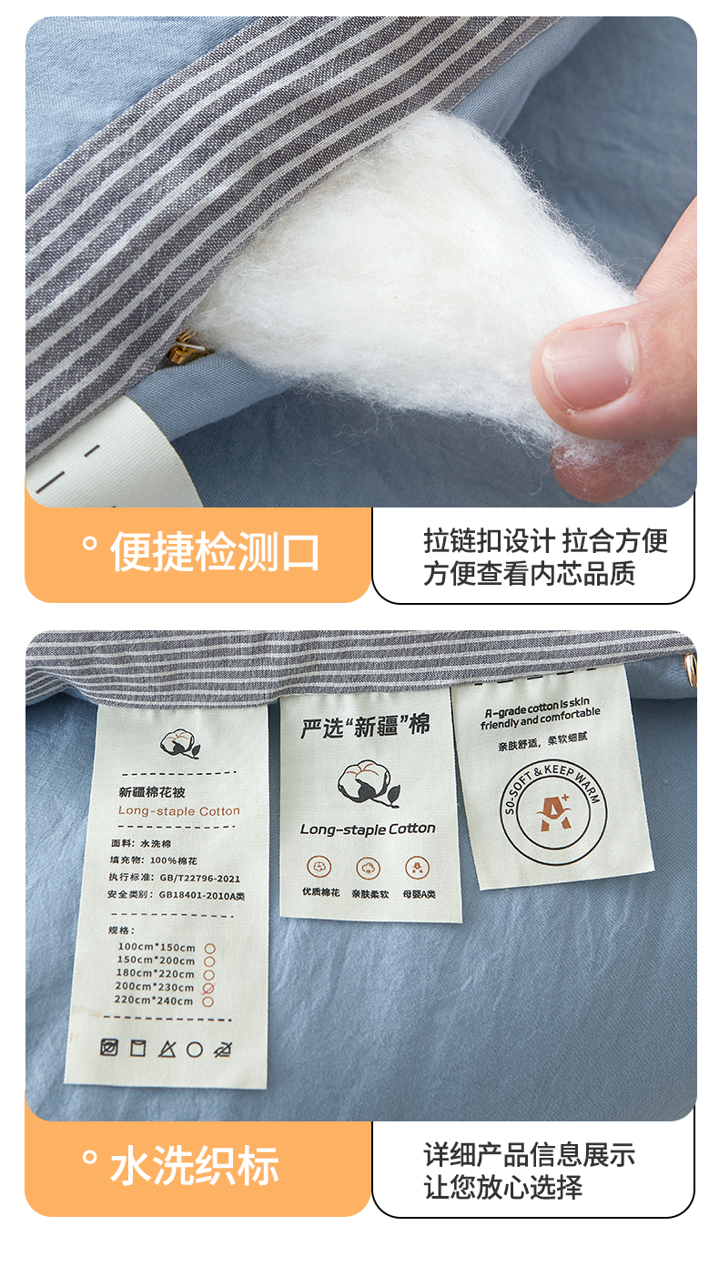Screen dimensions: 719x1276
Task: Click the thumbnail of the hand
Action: (587, 365)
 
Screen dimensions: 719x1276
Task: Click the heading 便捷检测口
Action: (215, 551)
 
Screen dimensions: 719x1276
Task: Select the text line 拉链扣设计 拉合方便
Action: (545, 540)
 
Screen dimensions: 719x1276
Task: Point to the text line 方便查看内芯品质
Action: (529, 573)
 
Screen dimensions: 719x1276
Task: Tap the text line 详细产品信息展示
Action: (529, 1154)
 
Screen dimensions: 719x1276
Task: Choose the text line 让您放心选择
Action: (503, 1187)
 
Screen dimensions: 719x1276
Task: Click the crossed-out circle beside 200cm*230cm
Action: (208, 989)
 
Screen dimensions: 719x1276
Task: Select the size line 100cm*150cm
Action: (157, 947)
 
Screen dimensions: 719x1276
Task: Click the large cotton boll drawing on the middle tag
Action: (369, 785)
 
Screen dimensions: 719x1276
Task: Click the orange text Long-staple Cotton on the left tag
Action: (179, 810)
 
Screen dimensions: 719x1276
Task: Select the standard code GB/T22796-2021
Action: (199, 878)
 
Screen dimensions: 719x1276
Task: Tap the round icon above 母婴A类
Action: (418, 868)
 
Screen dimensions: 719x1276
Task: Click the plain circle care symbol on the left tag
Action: (195, 1050)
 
